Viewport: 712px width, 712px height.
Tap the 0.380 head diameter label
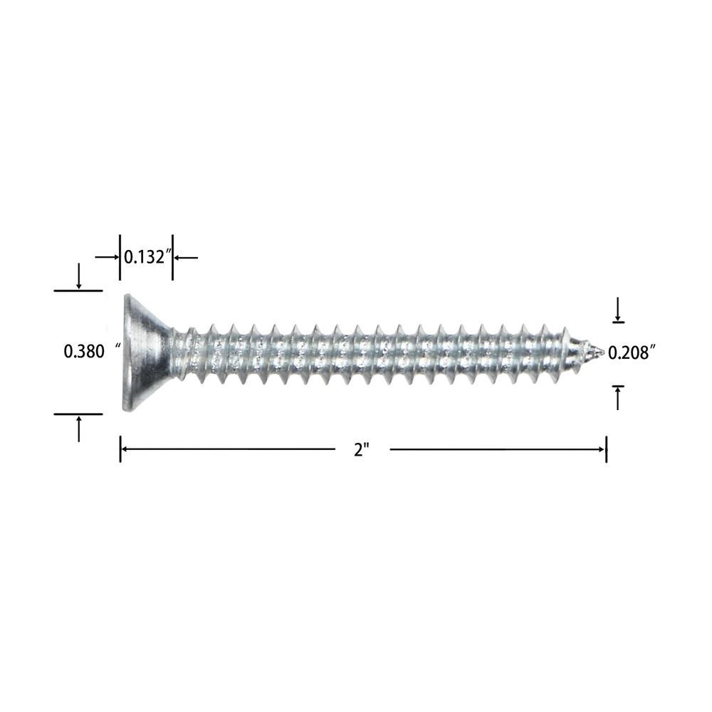click(x=84, y=352)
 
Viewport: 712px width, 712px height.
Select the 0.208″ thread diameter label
click(x=631, y=352)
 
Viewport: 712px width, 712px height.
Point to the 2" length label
click(x=362, y=450)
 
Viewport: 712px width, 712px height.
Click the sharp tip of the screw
click(x=602, y=352)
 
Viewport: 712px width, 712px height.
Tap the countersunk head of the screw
click(x=146, y=352)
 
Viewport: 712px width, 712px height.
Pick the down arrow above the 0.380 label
click(x=79, y=276)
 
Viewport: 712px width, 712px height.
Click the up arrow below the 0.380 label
click(x=79, y=429)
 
